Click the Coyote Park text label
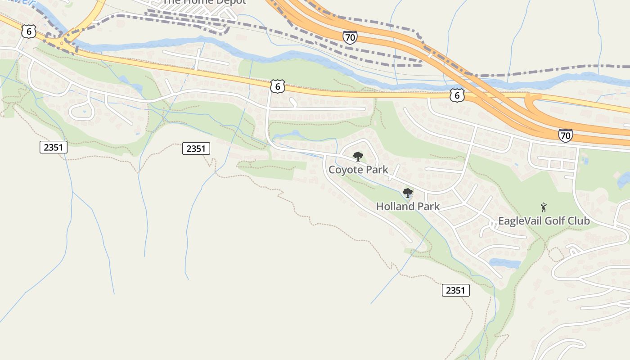(358, 170)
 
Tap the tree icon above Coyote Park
(358, 157)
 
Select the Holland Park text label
(408, 207)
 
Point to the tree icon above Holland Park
(408, 193)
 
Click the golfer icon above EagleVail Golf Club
(544, 207)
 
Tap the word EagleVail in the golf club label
(520, 221)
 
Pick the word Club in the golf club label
(580, 221)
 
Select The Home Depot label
(204, 2)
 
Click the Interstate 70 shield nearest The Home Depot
(350, 37)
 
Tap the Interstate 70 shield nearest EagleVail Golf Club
(566, 135)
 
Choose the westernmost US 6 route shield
(29, 31)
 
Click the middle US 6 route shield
(278, 86)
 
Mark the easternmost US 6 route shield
(457, 95)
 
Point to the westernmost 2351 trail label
(54, 147)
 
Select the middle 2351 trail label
(196, 148)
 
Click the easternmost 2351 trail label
(455, 290)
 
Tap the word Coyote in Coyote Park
(346, 170)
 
